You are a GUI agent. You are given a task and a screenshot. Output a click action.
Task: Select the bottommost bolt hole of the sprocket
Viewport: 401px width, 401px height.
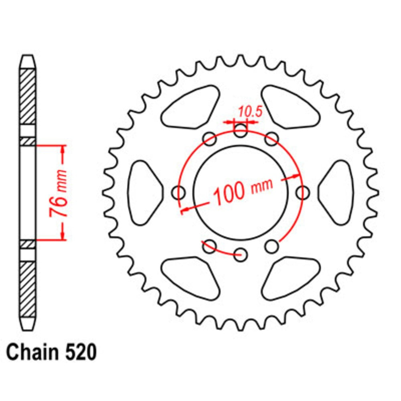coord(241,255)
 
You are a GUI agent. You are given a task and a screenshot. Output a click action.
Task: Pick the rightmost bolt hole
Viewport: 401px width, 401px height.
coord(303,193)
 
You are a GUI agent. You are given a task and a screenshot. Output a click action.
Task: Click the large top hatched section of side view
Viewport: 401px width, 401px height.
coord(28,96)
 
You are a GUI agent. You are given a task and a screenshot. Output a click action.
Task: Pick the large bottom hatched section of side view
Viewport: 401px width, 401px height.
coord(28,289)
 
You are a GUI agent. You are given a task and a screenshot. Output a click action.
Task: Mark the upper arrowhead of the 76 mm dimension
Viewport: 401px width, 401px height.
coord(63,149)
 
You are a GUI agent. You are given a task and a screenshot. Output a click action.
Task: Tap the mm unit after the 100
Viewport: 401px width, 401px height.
coord(262,185)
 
